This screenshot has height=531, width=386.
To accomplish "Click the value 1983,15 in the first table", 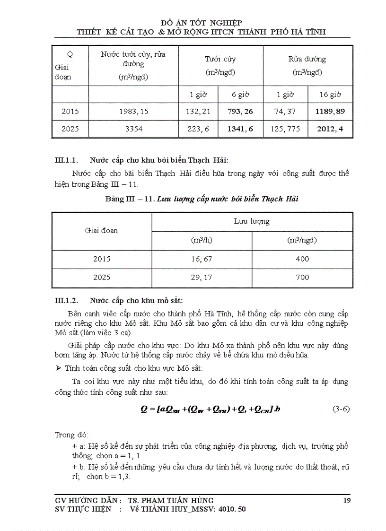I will tap(133, 112).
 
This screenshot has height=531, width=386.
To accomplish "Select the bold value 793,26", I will tap(240, 112).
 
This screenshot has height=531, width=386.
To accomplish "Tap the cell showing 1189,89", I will tap(330, 112).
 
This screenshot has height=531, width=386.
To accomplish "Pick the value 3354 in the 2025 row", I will tap(133, 129).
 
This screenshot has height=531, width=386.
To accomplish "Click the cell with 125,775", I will tap(286, 129).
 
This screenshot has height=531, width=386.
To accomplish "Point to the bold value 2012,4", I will tap(330, 129).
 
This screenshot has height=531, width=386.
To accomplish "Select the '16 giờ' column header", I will tap(330, 95).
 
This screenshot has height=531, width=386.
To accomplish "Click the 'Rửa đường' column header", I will tap(307, 59).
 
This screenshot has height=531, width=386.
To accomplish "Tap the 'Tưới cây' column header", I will tap(220, 59).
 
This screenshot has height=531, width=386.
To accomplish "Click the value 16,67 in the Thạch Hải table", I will tap(202, 259).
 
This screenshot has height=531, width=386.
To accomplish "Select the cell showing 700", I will tap(302, 278).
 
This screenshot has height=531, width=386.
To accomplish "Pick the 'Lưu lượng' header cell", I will tap(252, 221).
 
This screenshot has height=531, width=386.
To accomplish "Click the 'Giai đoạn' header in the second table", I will tap(102, 231).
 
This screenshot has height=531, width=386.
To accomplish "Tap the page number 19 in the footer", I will tap(347, 500).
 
